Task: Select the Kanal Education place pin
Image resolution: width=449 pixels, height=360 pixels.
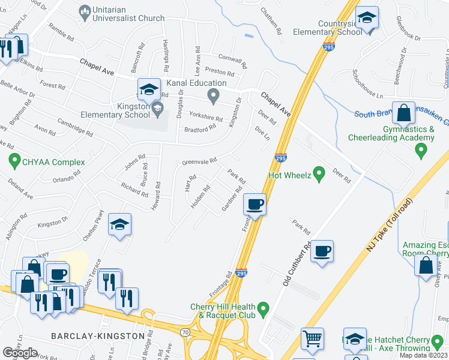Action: [x=212, y=95]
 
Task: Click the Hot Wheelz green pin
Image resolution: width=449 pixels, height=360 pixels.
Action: [x=319, y=175]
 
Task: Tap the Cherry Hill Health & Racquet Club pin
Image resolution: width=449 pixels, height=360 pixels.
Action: [x=263, y=310]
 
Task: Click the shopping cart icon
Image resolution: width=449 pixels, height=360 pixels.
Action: [x=312, y=339]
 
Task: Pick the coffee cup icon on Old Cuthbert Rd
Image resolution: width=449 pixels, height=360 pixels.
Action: [x=322, y=250]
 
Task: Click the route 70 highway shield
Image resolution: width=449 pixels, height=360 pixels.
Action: [x=185, y=331]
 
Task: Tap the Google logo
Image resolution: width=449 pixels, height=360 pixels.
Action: [x=20, y=353]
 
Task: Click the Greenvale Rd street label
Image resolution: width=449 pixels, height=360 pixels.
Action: [x=199, y=162]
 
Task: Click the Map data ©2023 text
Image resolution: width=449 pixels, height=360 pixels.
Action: [x=424, y=355]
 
